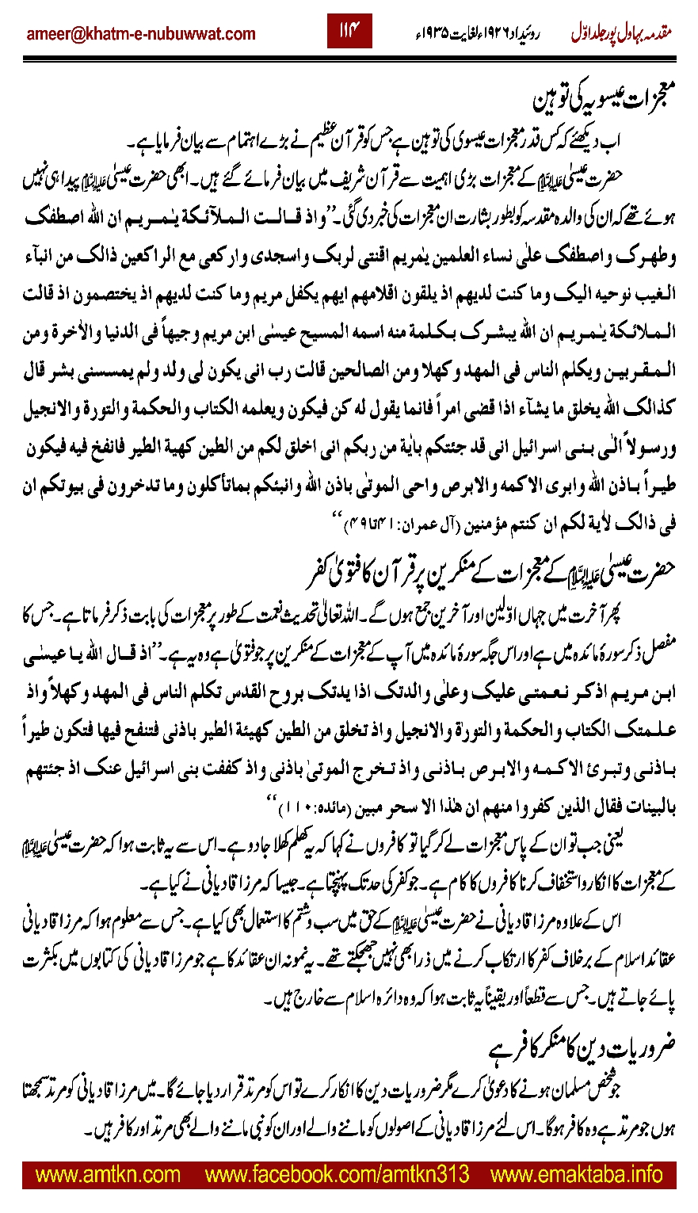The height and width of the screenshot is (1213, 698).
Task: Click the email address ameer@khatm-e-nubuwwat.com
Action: pyautogui.click(x=141, y=33)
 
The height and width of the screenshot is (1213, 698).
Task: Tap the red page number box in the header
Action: pyautogui.click(x=349, y=32)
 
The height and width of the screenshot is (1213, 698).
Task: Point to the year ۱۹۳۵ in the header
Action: pyautogui.click(x=441, y=34)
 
